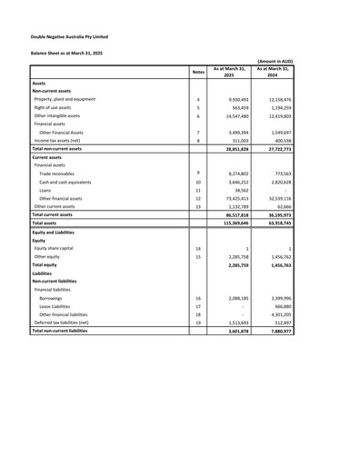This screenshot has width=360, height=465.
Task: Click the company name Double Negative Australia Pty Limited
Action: [69, 37]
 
